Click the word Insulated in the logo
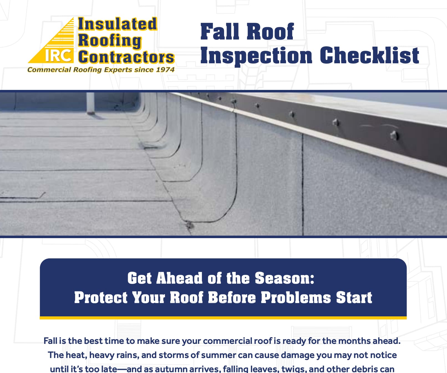tap(118, 24)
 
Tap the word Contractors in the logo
tap(126, 57)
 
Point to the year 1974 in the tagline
tap(165, 69)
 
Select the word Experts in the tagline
tap(118, 70)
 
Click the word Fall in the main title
tap(220, 32)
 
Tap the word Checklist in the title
tap(370, 55)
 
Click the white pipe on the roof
tap(90, 103)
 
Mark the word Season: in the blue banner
tap(285, 278)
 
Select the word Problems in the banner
tap(296, 298)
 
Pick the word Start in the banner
tap(354, 298)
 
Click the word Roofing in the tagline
tap(88, 70)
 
